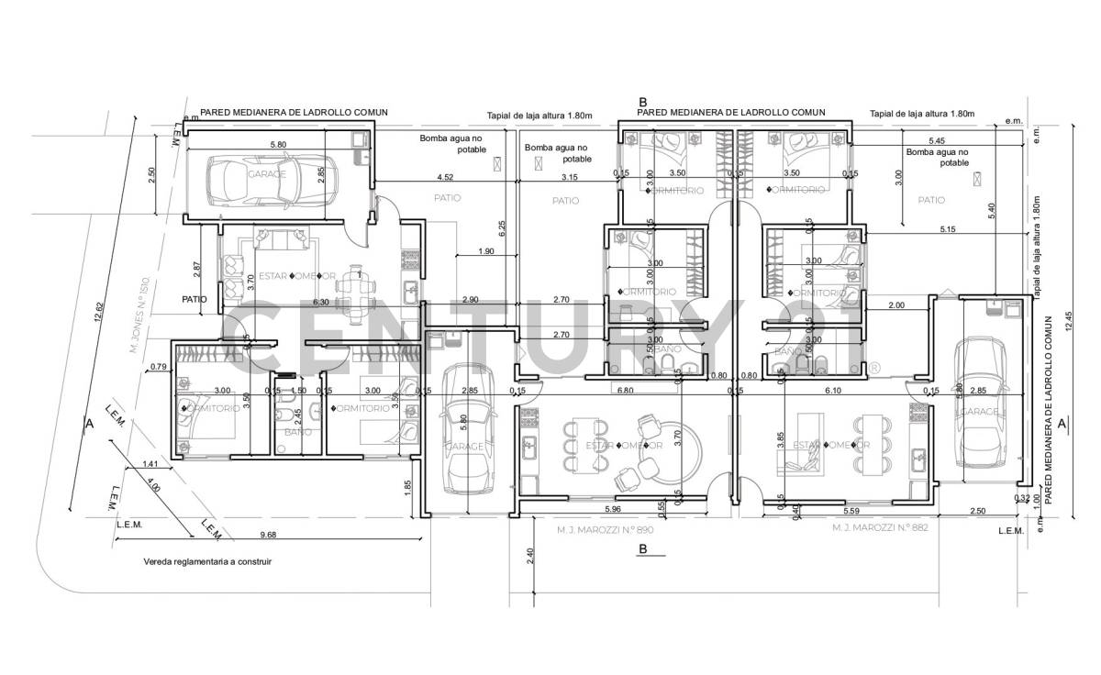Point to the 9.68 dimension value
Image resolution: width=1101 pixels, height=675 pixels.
coord(269,535)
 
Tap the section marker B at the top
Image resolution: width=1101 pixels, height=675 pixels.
coord(643,102)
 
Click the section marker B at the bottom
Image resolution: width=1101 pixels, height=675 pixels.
coord(643,549)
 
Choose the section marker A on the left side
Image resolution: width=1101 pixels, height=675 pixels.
coord(89,425)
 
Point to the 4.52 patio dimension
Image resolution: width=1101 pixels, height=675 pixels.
coord(445,176)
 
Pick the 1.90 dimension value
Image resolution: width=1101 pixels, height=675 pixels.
coord(486,251)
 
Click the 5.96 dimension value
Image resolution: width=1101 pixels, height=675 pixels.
coord(613,509)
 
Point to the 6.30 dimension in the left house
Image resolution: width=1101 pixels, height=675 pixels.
coord(320,301)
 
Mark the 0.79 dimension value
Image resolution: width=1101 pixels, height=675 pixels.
coord(158,368)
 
